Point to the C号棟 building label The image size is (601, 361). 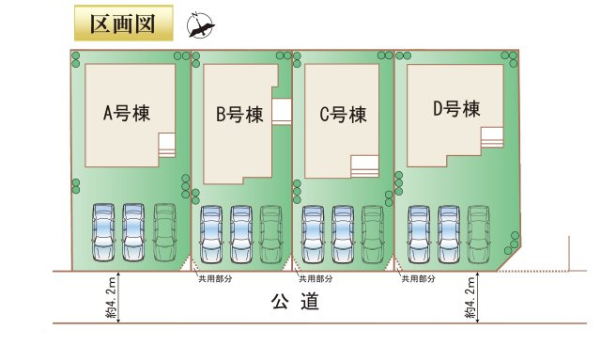tap(342, 115)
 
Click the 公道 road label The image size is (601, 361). tap(295, 302)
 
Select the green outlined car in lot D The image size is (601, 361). tap(478, 233)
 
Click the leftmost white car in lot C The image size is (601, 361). tap(312, 233)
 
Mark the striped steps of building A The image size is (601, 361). tap(167, 144)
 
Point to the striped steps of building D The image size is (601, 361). tap(492, 136)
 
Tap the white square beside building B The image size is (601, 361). tap(281, 110)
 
